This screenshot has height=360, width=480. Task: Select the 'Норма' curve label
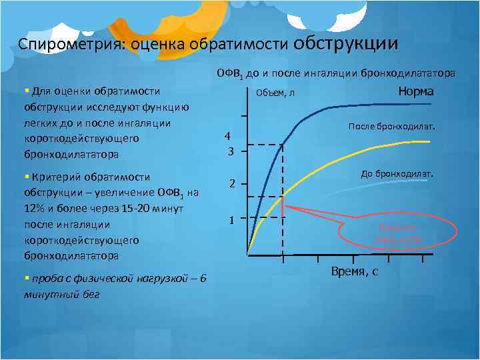point(416,91)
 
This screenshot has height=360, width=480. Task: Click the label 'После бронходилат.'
point(391,126)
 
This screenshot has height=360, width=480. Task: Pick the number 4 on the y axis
point(228,136)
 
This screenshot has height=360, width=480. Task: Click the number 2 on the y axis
point(229,184)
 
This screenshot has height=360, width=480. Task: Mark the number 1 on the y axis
point(229,219)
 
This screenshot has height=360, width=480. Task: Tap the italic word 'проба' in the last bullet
point(44,278)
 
